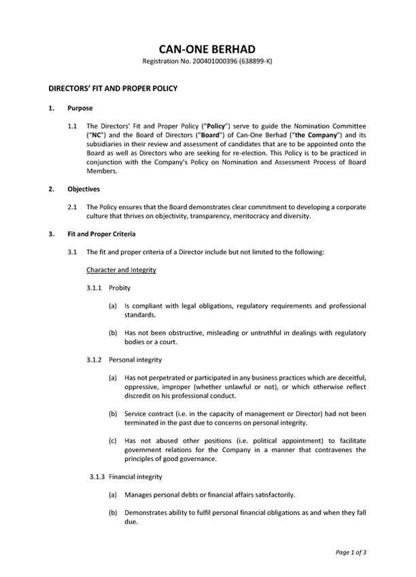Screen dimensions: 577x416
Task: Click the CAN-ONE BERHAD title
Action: click(x=207, y=49)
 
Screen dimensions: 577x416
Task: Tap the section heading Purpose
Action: click(x=80, y=108)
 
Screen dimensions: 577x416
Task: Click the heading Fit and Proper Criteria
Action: click(x=101, y=234)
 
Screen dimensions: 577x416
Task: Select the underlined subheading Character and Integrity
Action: click(x=122, y=270)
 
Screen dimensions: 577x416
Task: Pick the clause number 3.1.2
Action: click(x=95, y=360)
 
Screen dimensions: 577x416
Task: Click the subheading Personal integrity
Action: click(x=135, y=360)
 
